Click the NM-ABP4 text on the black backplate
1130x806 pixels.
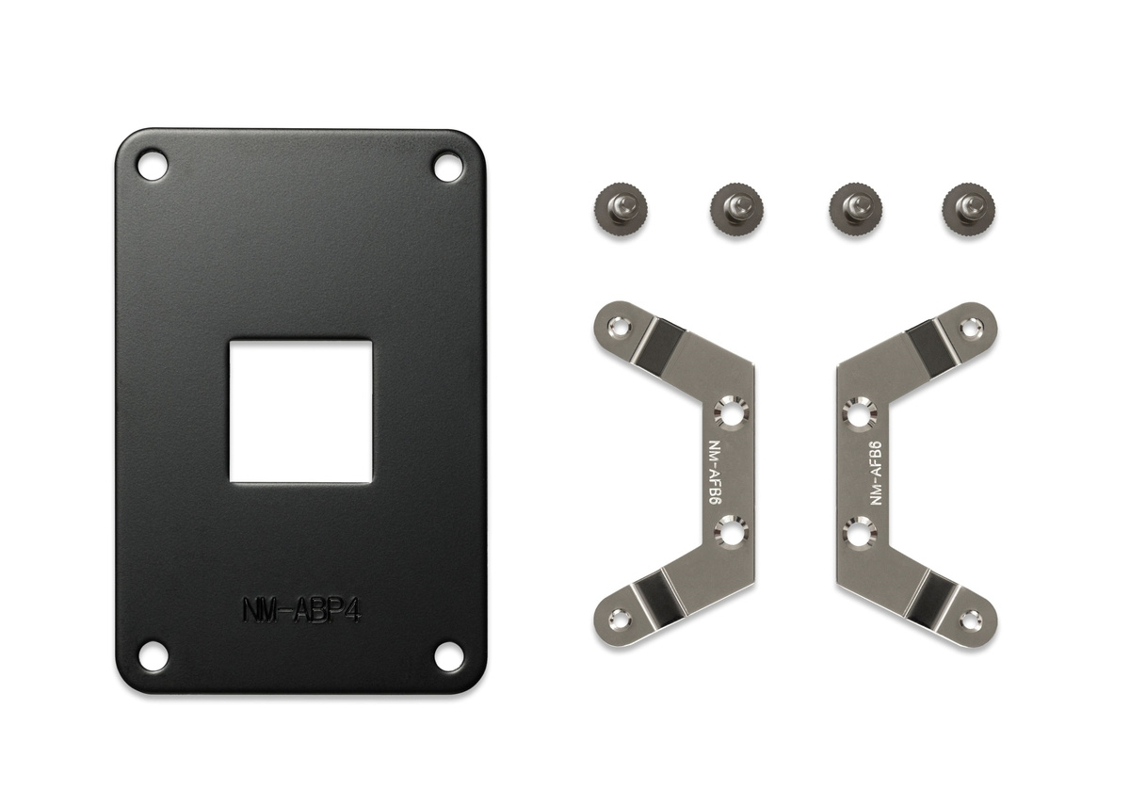tap(301, 610)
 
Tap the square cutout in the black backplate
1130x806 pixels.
tap(301, 411)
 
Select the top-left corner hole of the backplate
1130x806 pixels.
tap(153, 165)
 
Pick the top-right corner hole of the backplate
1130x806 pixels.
tap(448, 167)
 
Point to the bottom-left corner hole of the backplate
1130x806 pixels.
tap(153, 655)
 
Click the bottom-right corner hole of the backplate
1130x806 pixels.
tap(448, 657)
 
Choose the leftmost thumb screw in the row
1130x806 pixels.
tap(621, 210)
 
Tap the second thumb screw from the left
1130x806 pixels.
tap(736, 210)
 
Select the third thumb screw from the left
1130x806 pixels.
tap(856, 210)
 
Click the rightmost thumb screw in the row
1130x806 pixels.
tap(968, 209)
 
